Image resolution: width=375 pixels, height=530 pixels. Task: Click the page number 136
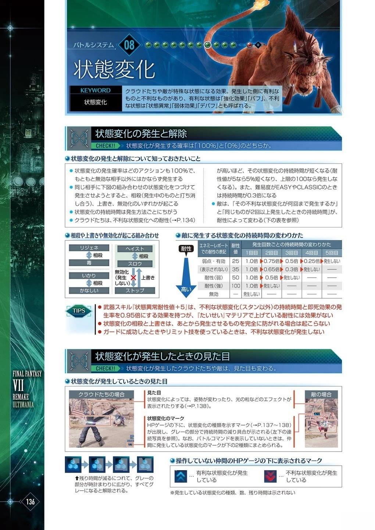30,501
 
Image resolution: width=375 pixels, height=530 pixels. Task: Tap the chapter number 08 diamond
129,45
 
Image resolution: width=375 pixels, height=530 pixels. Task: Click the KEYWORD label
96,91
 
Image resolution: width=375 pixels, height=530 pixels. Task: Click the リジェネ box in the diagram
89,248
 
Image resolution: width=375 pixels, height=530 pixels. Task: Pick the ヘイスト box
135,249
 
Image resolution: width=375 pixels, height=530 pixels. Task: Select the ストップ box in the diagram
135,290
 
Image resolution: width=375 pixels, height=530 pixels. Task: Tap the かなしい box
89,290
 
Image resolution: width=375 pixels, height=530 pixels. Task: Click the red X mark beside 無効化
133,278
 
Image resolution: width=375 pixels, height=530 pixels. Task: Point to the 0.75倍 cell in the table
271,261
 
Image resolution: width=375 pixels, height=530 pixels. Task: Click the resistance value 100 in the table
236,286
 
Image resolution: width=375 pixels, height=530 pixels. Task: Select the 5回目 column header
332,253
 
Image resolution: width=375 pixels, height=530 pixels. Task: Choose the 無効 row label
214,294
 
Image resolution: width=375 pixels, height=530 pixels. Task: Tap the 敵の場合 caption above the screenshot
321,395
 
